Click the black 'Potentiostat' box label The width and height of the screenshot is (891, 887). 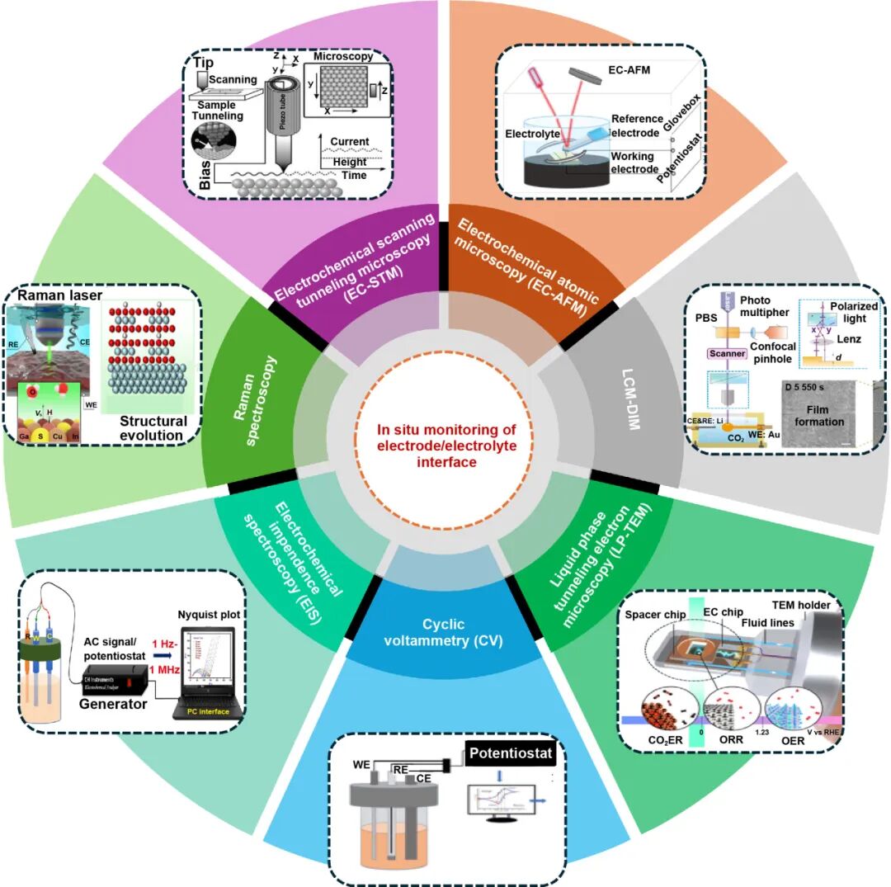tap(508, 754)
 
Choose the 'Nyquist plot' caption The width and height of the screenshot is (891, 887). tap(207, 614)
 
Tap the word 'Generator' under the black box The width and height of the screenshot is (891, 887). tap(112, 704)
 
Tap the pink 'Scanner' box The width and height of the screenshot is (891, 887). tap(725, 353)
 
